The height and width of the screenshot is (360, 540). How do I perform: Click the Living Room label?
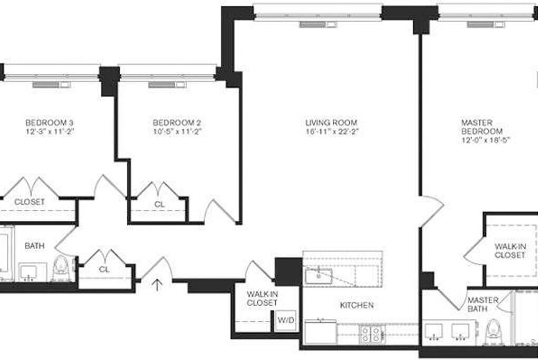click(331, 122)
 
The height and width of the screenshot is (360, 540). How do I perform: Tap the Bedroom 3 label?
click(50, 122)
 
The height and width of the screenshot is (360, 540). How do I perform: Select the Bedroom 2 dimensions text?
click(177, 131)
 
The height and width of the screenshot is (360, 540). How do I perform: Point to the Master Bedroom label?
click(482, 127)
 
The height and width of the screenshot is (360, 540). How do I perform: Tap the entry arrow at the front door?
click(157, 285)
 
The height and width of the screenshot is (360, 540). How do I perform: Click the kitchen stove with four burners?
click(371, 334)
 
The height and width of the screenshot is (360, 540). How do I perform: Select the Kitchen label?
click(357, 305)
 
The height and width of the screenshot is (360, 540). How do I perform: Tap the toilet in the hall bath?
click(61, 268)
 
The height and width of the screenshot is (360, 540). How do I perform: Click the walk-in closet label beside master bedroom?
click(510, 251)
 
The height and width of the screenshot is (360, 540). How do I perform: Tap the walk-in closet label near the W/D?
click(262, 298)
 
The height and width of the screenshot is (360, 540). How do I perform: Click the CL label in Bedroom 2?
click(159, 205)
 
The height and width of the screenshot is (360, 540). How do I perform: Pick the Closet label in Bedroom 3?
click(30, 202)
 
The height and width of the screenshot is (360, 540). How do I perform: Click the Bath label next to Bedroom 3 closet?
click(34, 246)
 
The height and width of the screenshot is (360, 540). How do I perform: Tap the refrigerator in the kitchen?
click(320, 332)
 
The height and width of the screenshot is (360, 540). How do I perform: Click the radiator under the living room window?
click(318, 24)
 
